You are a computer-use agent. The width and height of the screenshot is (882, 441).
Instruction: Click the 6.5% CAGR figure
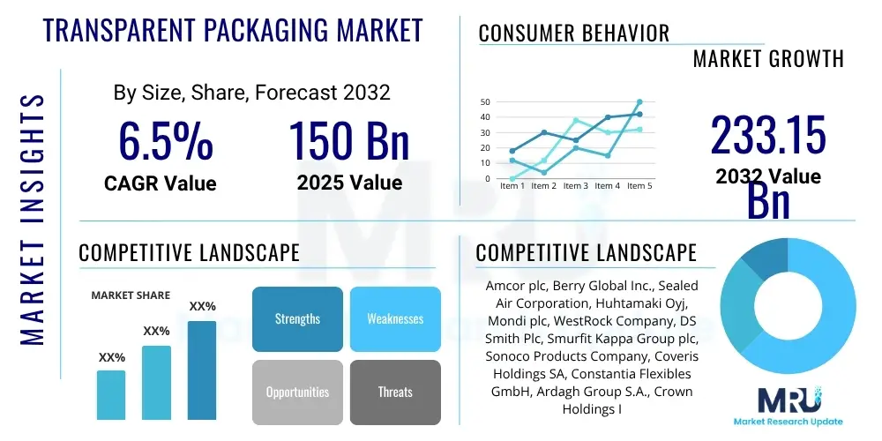165,141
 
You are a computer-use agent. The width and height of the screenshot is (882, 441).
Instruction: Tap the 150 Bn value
349,141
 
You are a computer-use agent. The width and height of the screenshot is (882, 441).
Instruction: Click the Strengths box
297,318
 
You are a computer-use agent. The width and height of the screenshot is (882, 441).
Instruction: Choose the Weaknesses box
395,318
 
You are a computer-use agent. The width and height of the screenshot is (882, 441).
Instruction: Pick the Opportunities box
297,392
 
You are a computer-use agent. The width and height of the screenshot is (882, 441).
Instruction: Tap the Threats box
395,392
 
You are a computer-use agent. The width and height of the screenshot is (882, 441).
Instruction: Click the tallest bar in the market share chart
202,370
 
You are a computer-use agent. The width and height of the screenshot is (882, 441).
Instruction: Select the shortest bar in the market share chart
111,394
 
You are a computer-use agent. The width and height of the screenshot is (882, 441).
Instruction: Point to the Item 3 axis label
576,186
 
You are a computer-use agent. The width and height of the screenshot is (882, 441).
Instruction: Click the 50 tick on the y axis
485,102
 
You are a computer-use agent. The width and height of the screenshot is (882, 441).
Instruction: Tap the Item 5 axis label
638,186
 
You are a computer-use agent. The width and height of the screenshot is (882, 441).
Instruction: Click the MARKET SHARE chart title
131,295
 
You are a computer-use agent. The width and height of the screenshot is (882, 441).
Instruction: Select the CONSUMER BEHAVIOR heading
574,34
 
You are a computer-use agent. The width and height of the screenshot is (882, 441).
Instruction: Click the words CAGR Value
160,183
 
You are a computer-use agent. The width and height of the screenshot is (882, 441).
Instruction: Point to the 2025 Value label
349,183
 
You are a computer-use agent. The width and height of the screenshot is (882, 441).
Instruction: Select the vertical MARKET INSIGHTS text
33,216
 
